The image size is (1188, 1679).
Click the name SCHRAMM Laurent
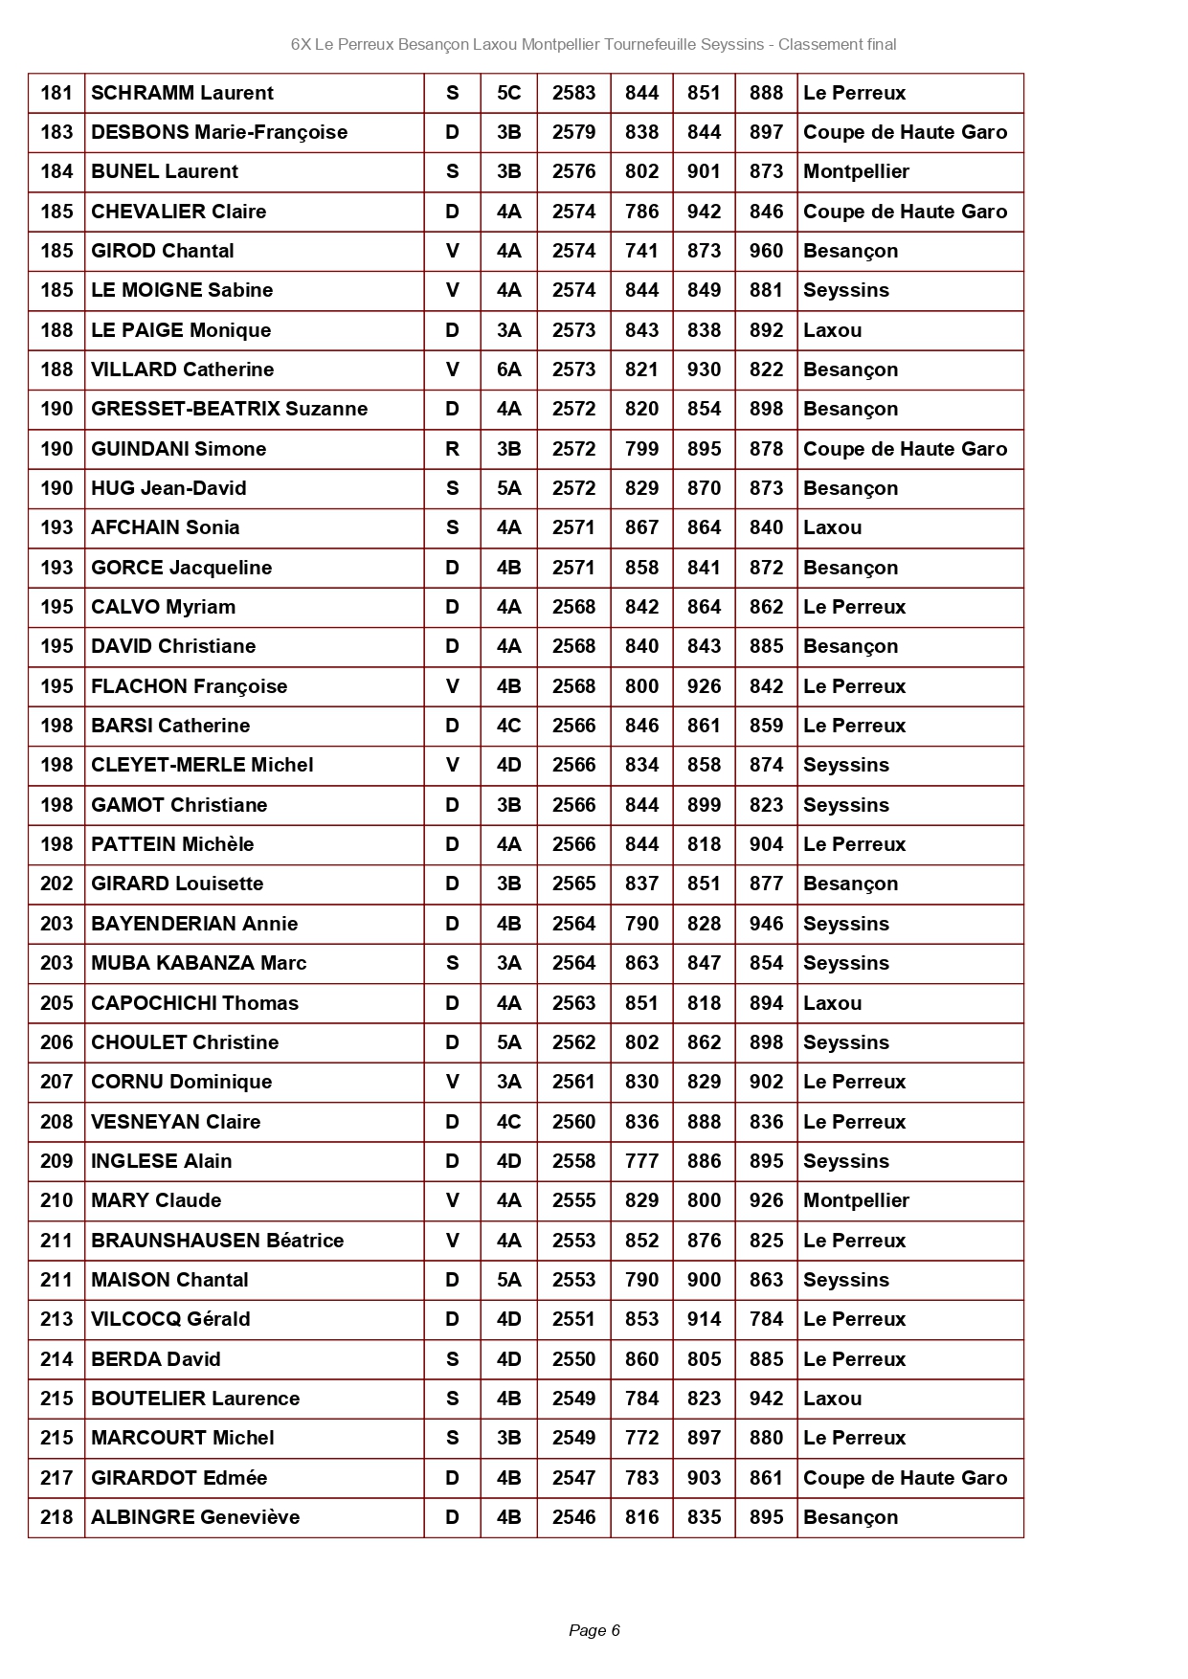tap(182, 93)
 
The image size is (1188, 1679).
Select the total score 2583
tap(573, 93)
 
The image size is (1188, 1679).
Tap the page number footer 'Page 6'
tap(594, 1630)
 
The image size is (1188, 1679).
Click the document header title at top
tap(594, 44)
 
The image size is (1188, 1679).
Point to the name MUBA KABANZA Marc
tap(198, 963)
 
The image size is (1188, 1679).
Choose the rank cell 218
tap(56, 1517)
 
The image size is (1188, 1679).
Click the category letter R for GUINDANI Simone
tap(452, 449)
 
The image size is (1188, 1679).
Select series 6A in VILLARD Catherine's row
tap(508, 369)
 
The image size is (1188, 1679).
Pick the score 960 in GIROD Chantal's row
tap(766, 251)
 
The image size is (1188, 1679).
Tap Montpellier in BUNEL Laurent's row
tap(856, 171)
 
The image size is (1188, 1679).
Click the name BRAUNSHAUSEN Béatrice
tap(217, 1241)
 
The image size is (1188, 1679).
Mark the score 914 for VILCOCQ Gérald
tap(704, 1319)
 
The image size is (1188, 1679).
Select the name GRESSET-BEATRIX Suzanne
tap(229, 409)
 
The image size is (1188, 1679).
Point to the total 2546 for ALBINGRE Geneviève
tap(573, 1517)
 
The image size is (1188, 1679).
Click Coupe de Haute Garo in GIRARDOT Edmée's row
tap(905, 1478)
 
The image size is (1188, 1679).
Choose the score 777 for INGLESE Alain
tap(641, 1161)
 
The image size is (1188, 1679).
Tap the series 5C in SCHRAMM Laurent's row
tap(508, 93)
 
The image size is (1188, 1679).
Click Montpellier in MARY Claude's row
tap(856, 1200)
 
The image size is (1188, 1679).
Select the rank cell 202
tap(56, 884)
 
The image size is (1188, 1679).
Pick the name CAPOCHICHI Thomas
tap(194, 1003)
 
